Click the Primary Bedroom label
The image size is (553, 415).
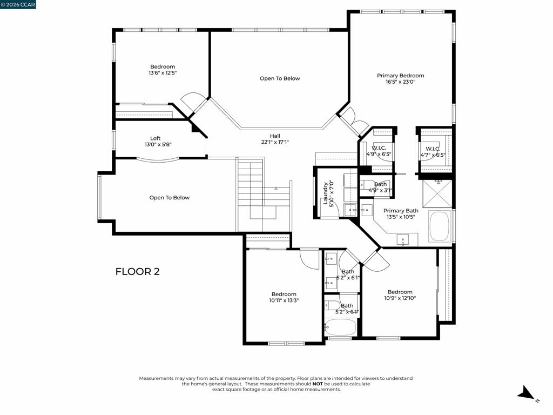click(x=400, y=76)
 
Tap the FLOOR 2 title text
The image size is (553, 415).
click(x=138, y=271)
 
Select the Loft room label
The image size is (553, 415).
click(x=155, y=138)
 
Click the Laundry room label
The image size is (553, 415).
click(x=326, y=193)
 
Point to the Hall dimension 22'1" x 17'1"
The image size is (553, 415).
click(x=275, y=142)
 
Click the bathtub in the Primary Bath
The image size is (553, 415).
click(x=439, y=226)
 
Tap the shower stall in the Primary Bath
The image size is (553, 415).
click(x=437, y=193)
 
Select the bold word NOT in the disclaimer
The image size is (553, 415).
click(x=318, y=384)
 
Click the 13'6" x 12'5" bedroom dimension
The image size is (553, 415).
click(x=163, y=73)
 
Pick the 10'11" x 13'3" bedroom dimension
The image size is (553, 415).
click(x=284, y=300)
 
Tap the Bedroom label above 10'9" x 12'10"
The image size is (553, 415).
click(x=400, y=292)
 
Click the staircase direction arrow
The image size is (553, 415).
click(x=276, y=189)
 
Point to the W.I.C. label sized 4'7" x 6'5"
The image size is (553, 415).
click(x=433, y=149)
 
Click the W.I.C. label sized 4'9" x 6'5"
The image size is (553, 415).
click(x=379, y=148)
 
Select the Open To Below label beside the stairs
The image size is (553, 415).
click(x=169, y=198)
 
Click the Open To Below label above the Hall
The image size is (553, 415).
click(x=280, y=78)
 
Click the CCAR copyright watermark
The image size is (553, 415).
click(x=18, y=4)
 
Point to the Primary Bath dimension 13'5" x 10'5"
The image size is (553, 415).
click(x=401, y=217)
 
